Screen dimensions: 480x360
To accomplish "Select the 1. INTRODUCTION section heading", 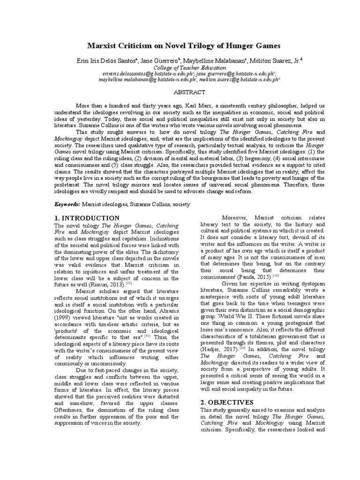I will pyautogui.click(x=88, y=218).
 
